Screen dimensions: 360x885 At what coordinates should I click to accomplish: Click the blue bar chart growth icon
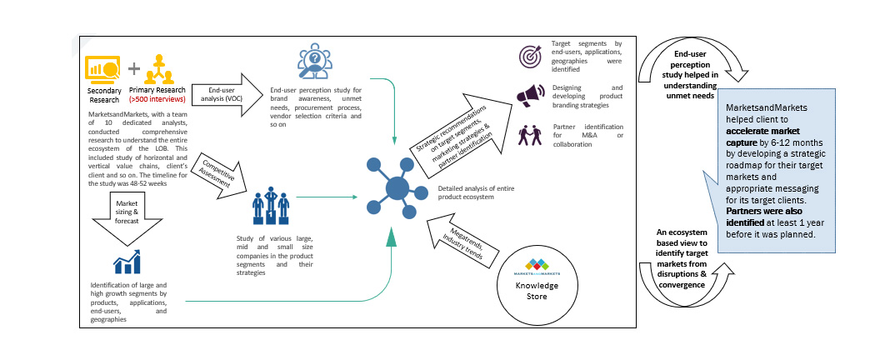pos(127,262)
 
